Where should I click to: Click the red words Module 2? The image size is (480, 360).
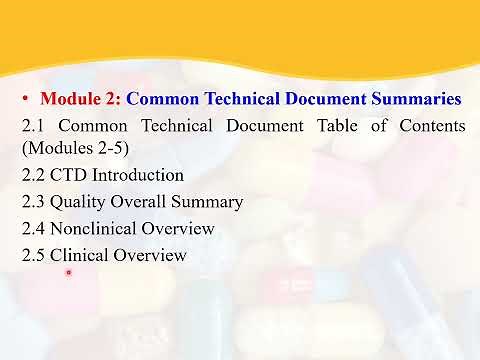pyautogui.click(x=81, y=99)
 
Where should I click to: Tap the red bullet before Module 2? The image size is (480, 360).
pyautogui.click(x=26, y=99)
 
